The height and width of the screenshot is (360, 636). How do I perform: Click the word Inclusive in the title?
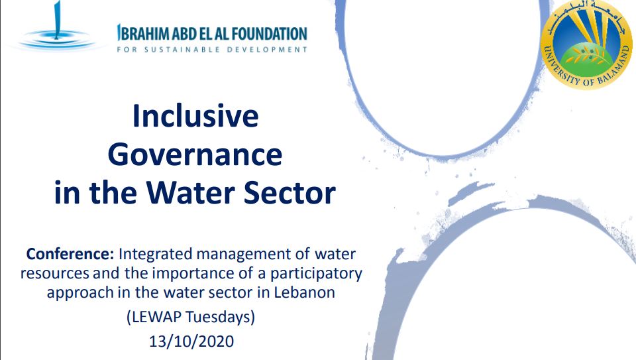click(x=195, y=116)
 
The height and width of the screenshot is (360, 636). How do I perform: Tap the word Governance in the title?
click(x=195, y=154)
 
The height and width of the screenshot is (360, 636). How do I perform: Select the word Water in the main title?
click(x=190, y=192)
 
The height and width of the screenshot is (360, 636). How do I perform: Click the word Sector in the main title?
click(x=290, y=192)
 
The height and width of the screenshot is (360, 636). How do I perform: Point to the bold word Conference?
click(x=70, y=254)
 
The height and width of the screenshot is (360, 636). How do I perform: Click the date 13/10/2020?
click(x=191, y=341)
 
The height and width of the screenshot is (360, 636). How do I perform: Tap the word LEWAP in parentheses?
click(x=156, y=316)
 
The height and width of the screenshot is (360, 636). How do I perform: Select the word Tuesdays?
click(x=221, y=316)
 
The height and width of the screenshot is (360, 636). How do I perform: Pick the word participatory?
click(x=316, y=274)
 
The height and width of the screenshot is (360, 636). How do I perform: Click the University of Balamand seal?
click(x=586, y=44)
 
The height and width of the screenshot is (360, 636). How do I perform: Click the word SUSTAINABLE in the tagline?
click(x=182, y=50)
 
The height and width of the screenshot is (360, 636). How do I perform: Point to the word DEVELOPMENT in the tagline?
click(x=267, y=50)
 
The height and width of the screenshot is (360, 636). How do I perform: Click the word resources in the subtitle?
click(x=54, y=274)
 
